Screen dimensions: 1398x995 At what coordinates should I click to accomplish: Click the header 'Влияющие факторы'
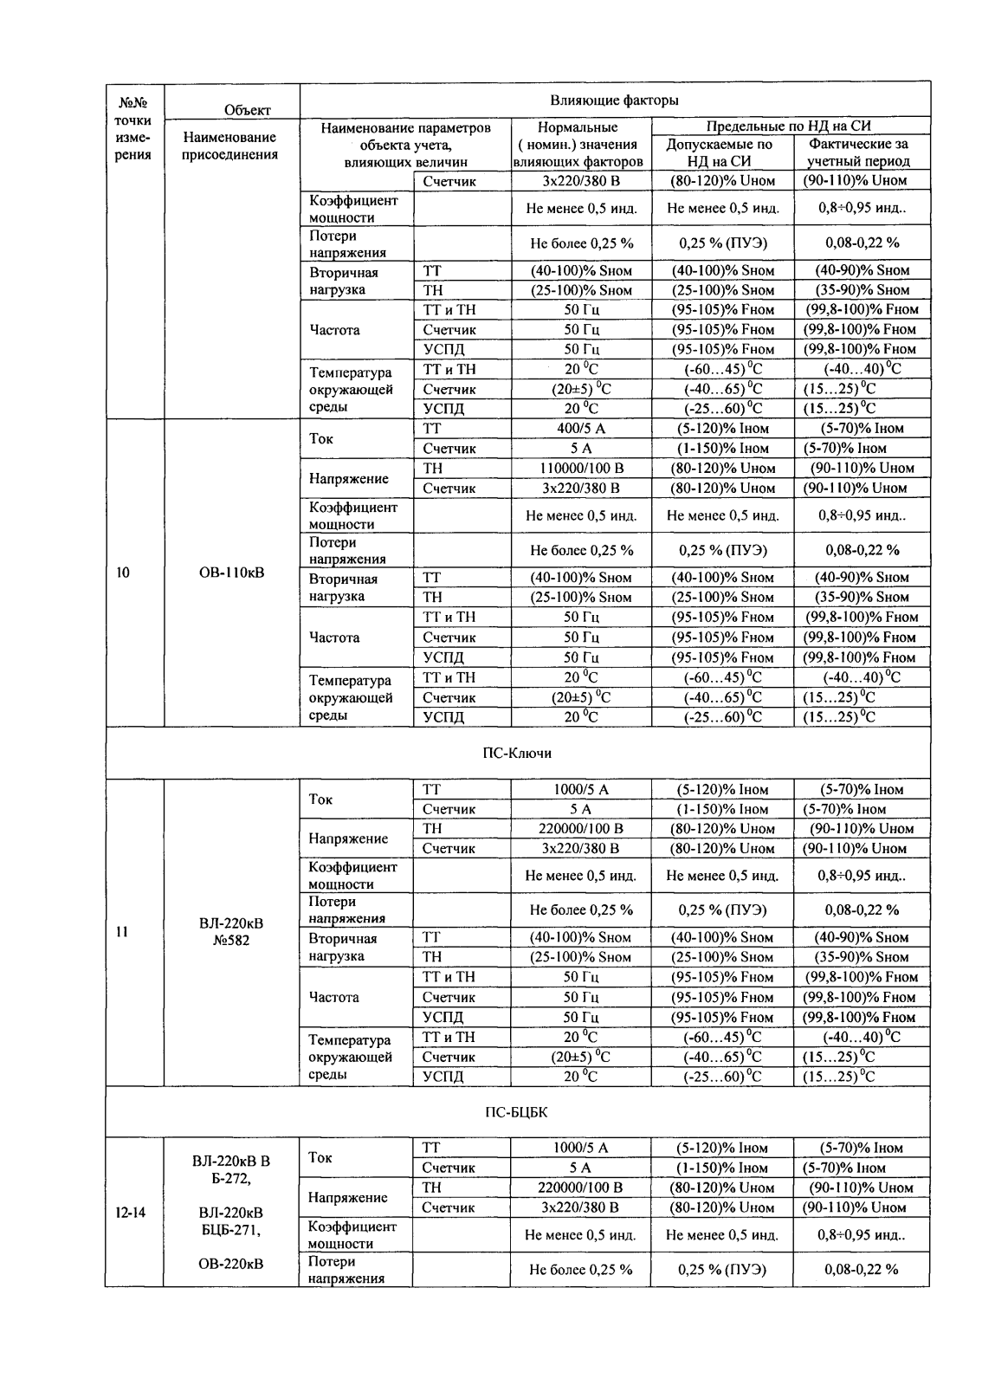coord(614,100)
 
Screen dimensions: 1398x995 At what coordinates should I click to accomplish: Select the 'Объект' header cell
coord(247,110)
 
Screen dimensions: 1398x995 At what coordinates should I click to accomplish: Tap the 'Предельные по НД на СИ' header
coord(790,127)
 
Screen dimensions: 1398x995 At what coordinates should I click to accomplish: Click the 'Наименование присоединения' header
coord(230,146)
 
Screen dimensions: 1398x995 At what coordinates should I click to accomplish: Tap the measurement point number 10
coord(123,573)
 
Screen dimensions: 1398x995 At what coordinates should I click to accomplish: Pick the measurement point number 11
coord(123,932)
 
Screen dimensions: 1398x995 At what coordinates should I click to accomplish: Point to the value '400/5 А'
coord(580,428)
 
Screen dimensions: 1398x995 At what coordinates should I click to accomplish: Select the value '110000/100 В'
coord(580,468)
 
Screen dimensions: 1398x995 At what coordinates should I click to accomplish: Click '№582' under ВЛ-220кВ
coord(230,941)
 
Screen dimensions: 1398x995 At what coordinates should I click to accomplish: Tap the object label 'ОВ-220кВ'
coord(230,1264)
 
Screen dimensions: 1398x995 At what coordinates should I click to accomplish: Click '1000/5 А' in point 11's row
coord(580,789)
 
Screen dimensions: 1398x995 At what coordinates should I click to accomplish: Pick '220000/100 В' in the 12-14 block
coord(580,1188)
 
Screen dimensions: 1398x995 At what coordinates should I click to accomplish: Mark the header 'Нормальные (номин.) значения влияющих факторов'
coord(578,145)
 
